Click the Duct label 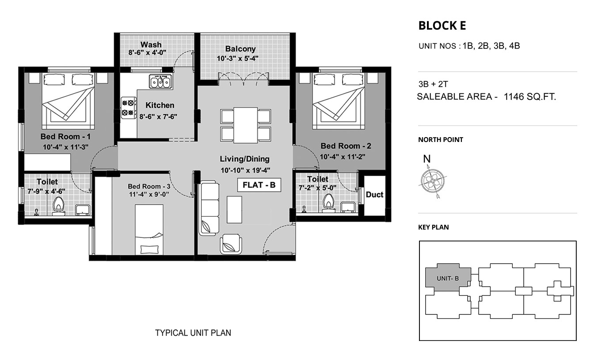[x=374, y=195]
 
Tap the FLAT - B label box [x=259, y=185]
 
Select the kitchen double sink [x=160, y=82]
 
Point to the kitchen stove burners [x=128, y=107]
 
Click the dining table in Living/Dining [x=246, y=125]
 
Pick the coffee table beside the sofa [x=234, y=210]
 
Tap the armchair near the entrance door [x=231, y=244]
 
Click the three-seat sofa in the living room [x=210, y=208]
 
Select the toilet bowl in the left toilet [x=59, y=207]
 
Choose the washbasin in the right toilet [x=348, y=207]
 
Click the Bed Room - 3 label [x=149, y=186]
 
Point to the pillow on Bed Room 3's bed [x=149, y=249]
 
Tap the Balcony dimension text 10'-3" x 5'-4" [x=238, y=58]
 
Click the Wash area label [x=151, y=44]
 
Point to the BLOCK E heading [x=442, y=26]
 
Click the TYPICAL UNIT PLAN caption [x=193, y=333]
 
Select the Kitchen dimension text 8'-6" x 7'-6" [x=158, y=117]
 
